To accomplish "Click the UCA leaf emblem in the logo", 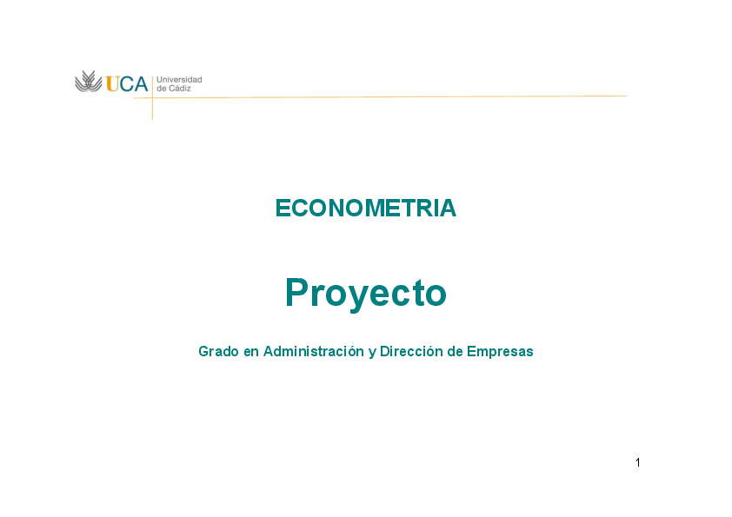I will tap(88, 82).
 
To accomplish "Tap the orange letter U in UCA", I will tap(113, 83).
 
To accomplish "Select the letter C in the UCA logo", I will tap(126, 83).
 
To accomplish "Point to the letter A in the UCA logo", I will tap(140, 83).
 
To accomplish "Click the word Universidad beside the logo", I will tap(179, 79).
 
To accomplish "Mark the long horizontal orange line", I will tap(391, 96).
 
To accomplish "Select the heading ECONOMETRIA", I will tap(365, 209).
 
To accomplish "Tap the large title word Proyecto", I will tap(365, 294).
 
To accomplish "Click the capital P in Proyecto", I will tap(297, 293).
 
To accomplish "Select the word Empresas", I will tap(500, 352).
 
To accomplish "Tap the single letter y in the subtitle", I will tap(372, 353).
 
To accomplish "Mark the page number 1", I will tap(637, 462).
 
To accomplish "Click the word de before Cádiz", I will tap(162, 88).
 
